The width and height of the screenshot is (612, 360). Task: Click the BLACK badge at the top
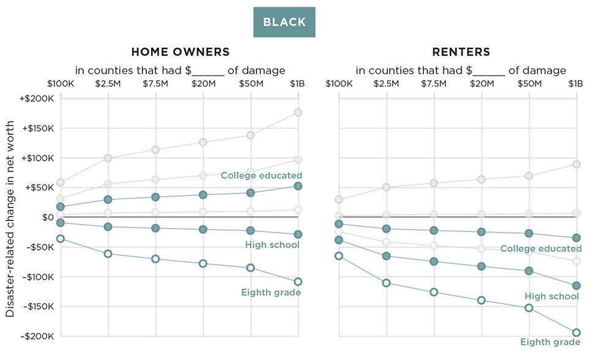[x=285, y=22]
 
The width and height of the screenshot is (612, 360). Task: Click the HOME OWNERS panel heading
[x=180, y=52]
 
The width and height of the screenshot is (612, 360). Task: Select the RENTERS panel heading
[x=461, y=52]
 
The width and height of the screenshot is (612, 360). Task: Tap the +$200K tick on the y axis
[x=38, y=99]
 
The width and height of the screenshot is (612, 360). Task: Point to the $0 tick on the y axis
[x=48, y=217]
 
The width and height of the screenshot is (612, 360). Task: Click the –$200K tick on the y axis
[x=38, y=336]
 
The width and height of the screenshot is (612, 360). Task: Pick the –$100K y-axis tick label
[x=38, y=277]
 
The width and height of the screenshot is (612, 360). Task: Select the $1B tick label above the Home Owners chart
[x=297, y=83]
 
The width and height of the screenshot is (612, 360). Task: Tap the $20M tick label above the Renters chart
[x=481, y=83]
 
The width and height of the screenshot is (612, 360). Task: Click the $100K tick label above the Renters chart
[x=338, y=83]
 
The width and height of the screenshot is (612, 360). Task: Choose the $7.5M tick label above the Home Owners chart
[x=155, y=83]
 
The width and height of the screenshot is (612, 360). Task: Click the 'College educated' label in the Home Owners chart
[x=261, y=176]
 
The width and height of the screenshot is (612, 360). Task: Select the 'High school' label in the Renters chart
[x=551, y=296]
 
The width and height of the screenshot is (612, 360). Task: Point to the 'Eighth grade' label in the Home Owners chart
[x=271, y=293]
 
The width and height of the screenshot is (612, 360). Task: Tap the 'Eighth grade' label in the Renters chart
[x=550, y=342]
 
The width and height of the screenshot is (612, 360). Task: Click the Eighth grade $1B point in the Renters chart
[x=576, y=332]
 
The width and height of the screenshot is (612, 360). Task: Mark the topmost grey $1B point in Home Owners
[x=298, y=112]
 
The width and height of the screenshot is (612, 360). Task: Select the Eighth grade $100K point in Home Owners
[x=61, y=238]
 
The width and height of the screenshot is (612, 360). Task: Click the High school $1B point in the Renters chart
[x=576, y=285]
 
